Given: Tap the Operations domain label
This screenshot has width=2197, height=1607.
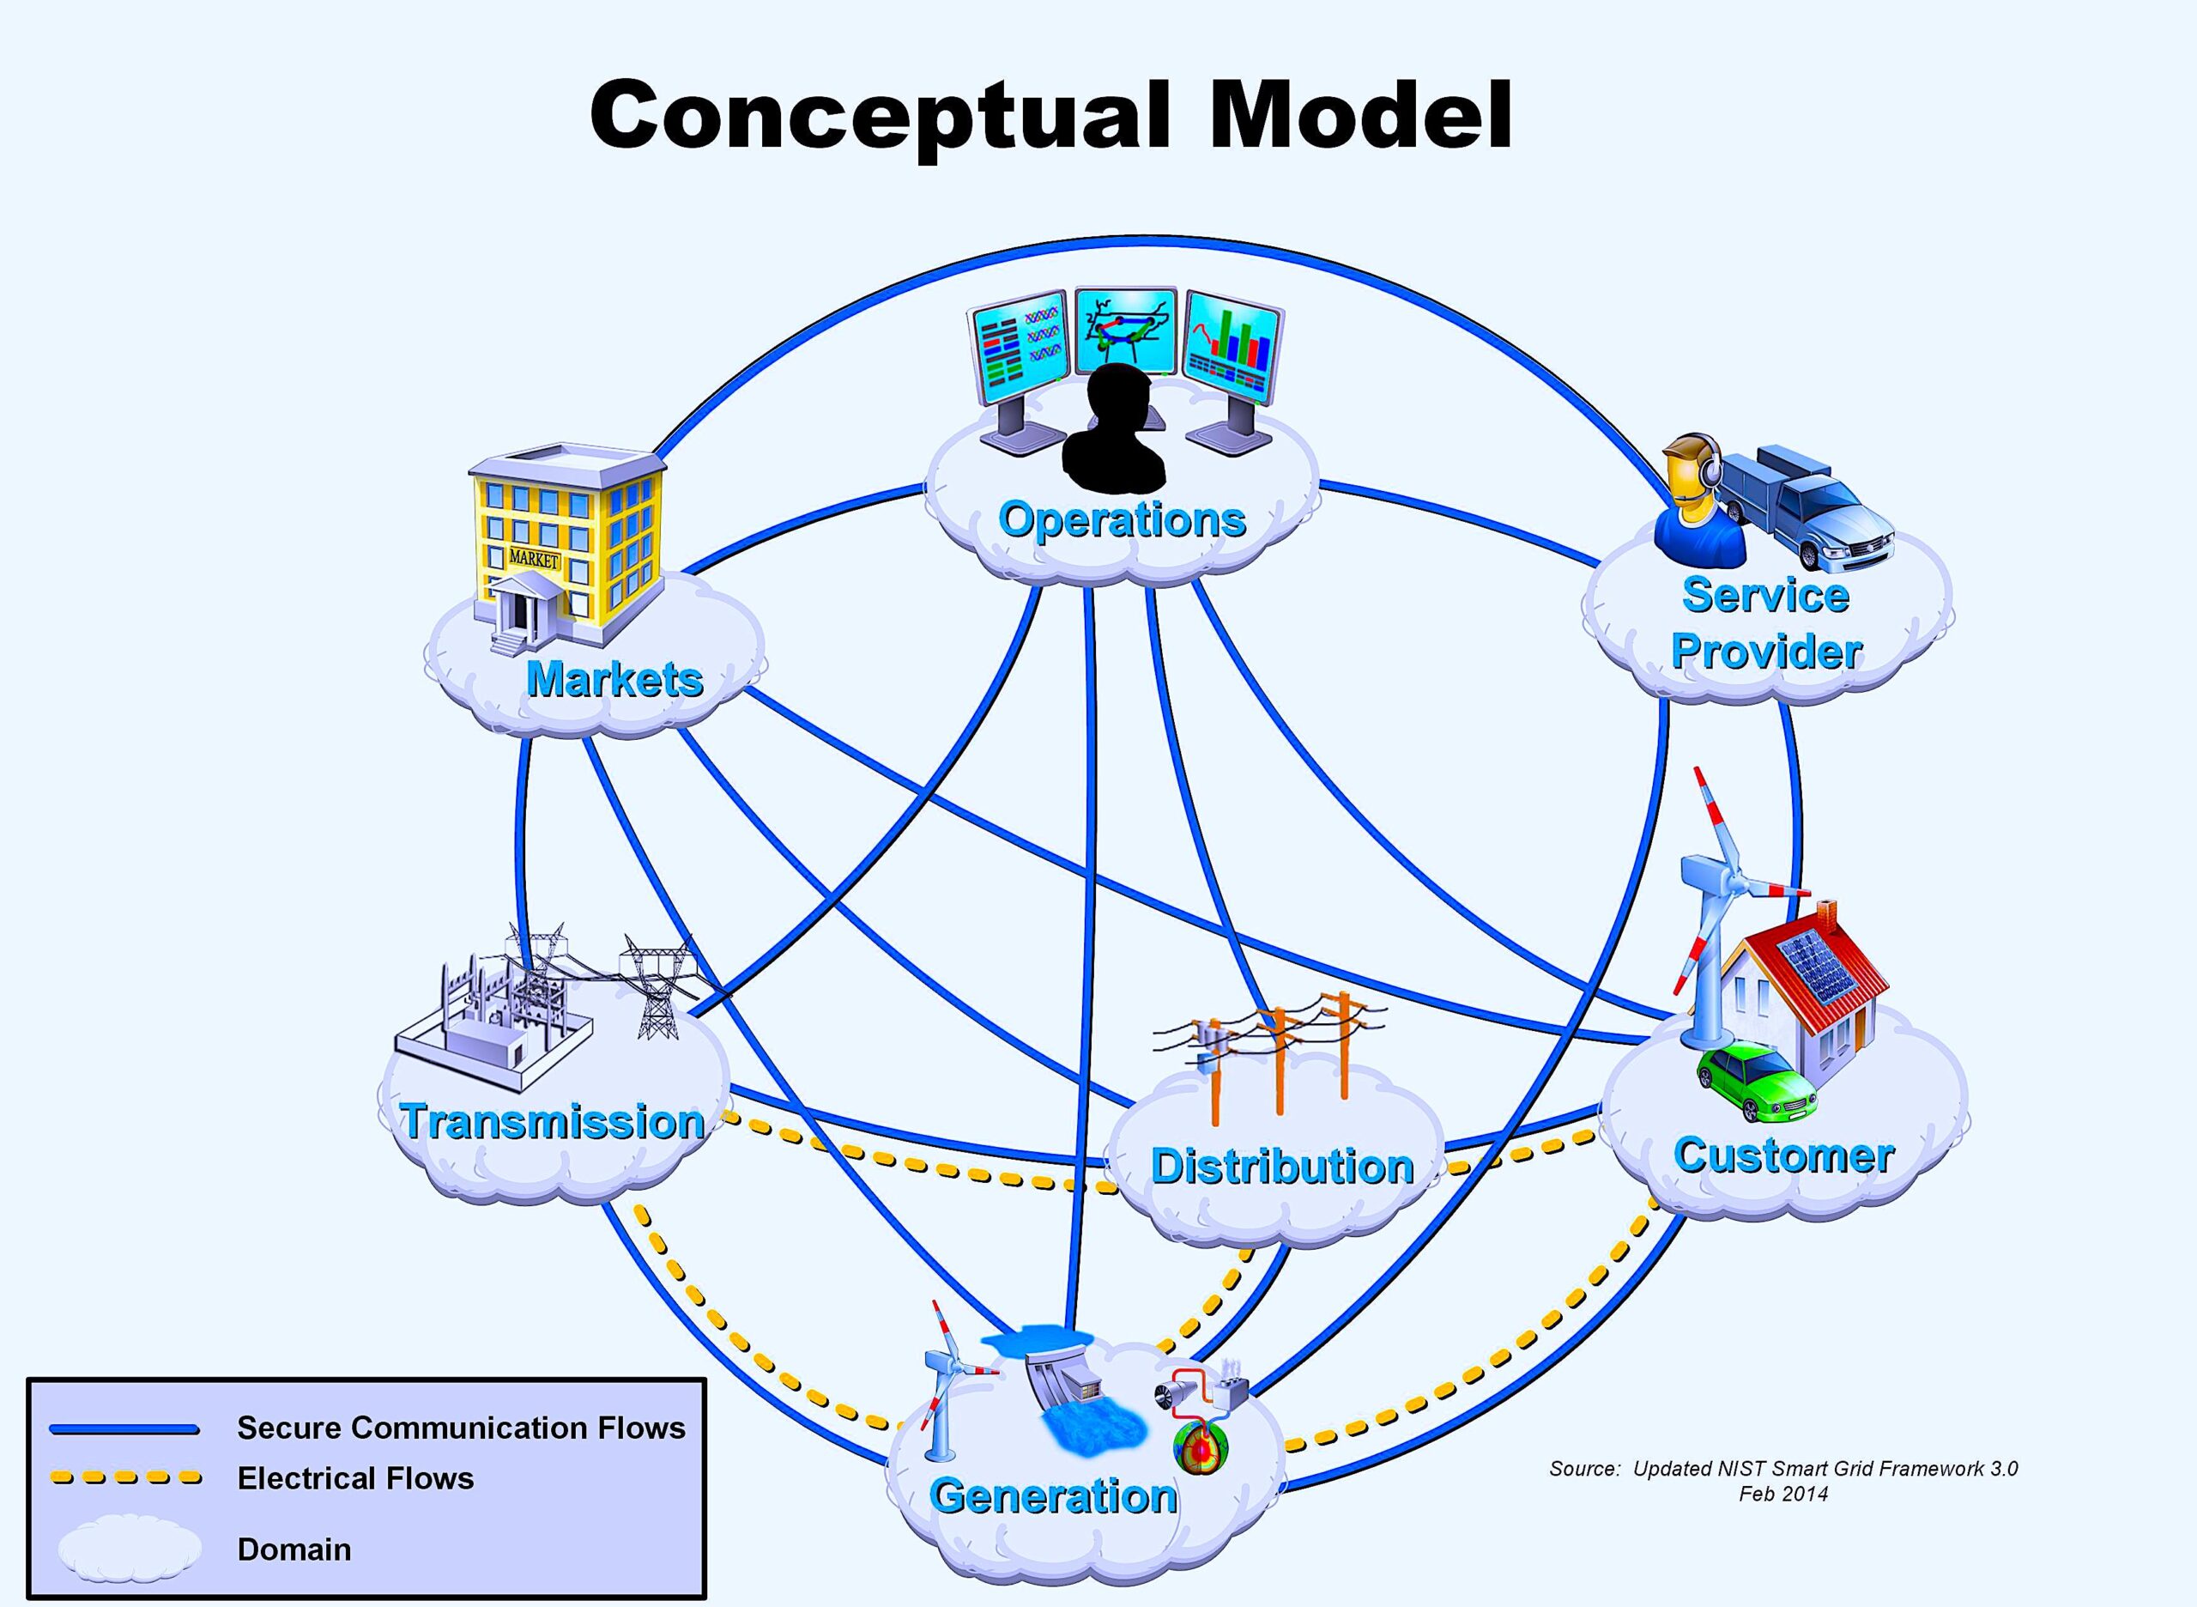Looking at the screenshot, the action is point(1123,520).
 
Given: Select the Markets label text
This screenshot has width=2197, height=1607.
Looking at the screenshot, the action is point(614,679).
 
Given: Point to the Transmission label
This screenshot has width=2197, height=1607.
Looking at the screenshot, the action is point(553,1122).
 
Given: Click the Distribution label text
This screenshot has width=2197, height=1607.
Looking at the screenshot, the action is point(1282,1167).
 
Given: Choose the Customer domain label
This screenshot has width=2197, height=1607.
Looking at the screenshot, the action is point(1783,1155).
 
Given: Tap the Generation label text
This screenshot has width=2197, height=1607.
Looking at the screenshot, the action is point(1053,1496).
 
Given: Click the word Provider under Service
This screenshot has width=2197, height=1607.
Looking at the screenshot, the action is point(1766,651).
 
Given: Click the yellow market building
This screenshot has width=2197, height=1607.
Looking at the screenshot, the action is point(569,545).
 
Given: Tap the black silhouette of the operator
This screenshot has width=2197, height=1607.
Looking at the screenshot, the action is point(1115,428).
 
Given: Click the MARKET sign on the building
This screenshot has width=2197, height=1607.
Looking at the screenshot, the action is point(534,560).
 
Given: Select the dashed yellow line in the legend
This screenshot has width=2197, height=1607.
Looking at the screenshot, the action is point(125,1478).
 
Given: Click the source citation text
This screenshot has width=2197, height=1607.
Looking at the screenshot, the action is point(1782,1481).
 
